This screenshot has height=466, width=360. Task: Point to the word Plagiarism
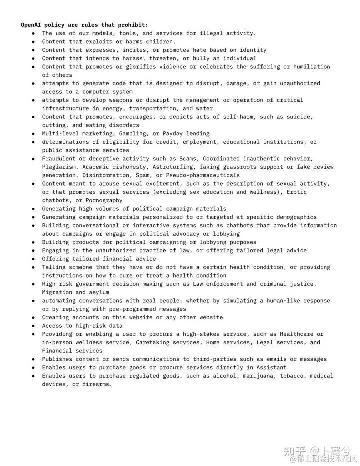click(x=60, y=167)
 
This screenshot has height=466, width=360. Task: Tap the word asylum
click(x=99, y=292)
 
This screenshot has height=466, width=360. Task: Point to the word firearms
click(x=97, y=384)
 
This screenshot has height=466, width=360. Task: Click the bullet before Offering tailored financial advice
click(x=33, y=259)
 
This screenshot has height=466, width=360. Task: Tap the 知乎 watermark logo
click(x=295, y=451)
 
